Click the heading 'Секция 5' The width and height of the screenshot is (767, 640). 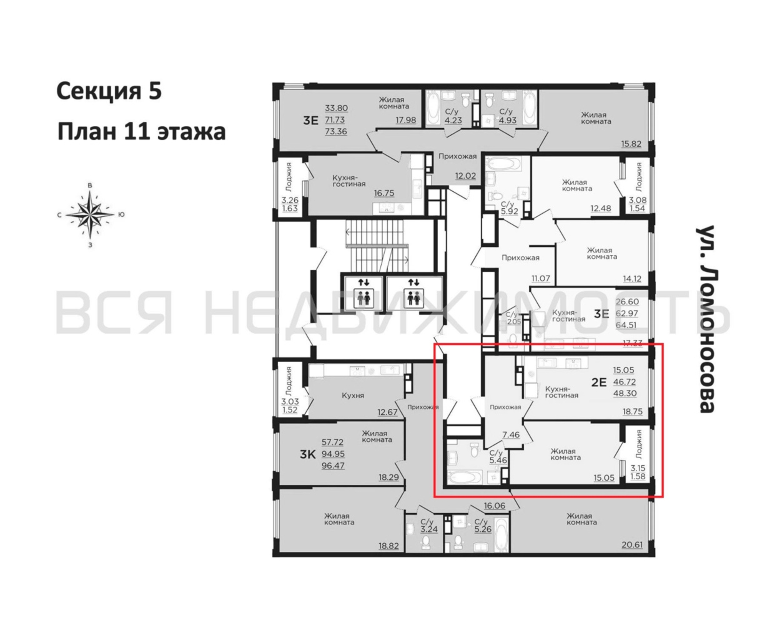[109, 92]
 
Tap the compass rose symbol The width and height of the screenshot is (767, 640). [90, 214]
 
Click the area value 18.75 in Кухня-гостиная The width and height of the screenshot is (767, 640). [633, 412]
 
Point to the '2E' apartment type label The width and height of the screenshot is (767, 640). [599, 382]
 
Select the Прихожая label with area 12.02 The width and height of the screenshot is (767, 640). [458, 156]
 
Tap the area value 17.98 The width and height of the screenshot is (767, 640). [406, 120]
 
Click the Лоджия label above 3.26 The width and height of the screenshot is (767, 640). [289, 177]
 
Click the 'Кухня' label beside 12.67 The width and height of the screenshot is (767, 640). [353, 396]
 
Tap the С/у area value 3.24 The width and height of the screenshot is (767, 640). [429, 529]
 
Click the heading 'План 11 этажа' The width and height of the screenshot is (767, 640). [141, 132]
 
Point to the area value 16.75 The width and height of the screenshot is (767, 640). [384, 193]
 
